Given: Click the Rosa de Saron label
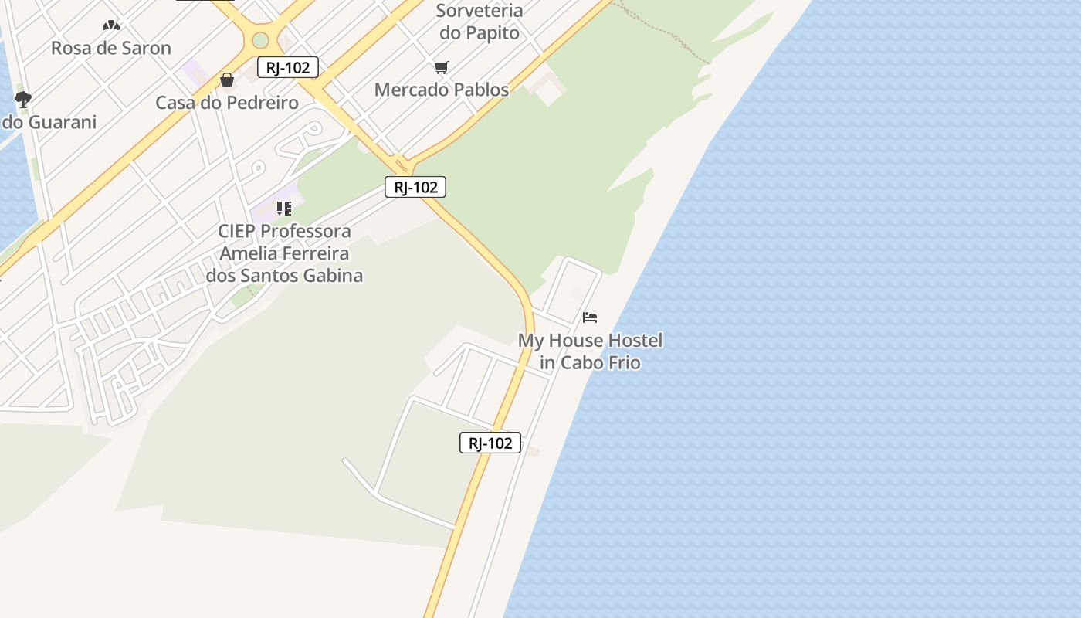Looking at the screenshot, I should click(x=111, y=48).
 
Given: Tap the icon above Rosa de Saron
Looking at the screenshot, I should click(x=111, y=25).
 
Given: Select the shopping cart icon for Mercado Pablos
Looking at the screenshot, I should click(x=441, y=68).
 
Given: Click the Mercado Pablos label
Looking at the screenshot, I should click(x=442, y=90).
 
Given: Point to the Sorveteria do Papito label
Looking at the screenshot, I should click(x=480, y=22).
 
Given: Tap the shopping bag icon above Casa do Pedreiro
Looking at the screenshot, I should click(x=227, y=80).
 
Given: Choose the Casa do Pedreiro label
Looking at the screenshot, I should click(x=227, y=103).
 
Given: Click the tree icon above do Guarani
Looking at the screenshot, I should click(x=22, y=99).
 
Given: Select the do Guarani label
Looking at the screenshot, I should click(x=49, y=122).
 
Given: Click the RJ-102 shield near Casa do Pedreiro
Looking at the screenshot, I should click(x=288, y=68).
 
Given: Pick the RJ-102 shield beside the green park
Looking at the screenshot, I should click(x=415, y=187).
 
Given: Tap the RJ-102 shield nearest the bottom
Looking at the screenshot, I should click(x=490, y=443).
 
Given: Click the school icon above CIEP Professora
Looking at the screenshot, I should click(x=284, y=209).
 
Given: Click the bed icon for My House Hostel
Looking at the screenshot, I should click(x=590, y=317).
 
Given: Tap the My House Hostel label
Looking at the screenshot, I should click(x=590, y=341).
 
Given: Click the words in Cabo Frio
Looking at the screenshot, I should click(x=590, y=362).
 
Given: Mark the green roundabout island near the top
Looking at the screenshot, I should click(x=261, y=39).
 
